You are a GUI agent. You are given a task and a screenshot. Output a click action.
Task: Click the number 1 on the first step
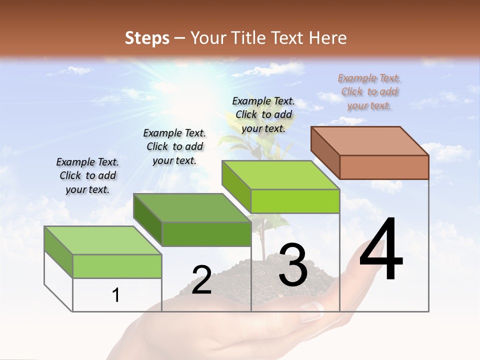click(x=116, y=295)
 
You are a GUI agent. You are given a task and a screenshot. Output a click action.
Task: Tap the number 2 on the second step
click(x=201, y=280)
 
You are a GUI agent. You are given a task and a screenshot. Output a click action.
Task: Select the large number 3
click(x=293, y=265)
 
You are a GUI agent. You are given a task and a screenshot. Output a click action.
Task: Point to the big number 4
click(x=381, y=250)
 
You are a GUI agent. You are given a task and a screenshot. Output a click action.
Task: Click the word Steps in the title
click(x=146, y=37)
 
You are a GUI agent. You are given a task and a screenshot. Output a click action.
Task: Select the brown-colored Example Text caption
click(x=369, y=91)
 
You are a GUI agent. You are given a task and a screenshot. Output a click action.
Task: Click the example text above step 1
click(x=87, y=175)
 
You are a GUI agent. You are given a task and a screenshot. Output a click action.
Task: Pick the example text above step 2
click(x=174, y=146)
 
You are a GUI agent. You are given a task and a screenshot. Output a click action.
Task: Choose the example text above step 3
click(x=263, y=114)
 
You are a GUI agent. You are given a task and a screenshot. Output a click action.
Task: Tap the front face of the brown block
click(x=384, y=167)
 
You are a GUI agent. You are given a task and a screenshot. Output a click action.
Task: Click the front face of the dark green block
click(x=206, y=234)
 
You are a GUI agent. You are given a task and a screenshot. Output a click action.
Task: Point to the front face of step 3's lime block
click(x=295, y=201)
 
